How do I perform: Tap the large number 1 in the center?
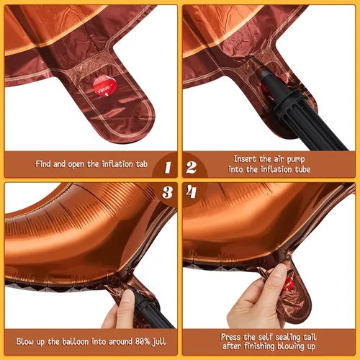point(167,168)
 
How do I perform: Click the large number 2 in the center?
point(192,168)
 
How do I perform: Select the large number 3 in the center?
point(167,193)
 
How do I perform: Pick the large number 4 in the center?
point(192,193)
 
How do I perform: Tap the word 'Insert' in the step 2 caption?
point(248,158)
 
